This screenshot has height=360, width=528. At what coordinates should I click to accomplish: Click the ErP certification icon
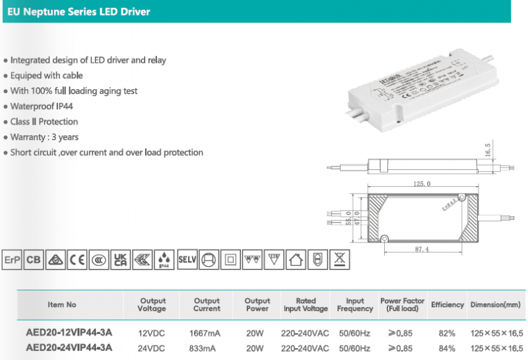(x=13, y=260)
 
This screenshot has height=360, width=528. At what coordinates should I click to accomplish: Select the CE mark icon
(x=78, y=260)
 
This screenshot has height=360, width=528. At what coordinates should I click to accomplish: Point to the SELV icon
(x=187, y=260)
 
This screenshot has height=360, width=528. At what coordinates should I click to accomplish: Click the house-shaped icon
(x=296, y=260)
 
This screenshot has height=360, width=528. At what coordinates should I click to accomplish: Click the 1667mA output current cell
(x=207, y=332)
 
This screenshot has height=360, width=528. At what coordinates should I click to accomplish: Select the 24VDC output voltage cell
(x=152, y=347)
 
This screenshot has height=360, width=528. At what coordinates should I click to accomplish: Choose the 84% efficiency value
(x=447, y=347)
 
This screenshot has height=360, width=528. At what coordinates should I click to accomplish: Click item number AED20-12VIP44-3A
(x=69, y=332)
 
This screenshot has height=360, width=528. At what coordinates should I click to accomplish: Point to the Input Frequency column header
(x=355, y=305)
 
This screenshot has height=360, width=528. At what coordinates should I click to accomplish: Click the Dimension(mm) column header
(x=496, y=305)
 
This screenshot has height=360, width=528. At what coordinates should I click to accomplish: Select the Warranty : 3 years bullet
(x=44, y=137)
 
